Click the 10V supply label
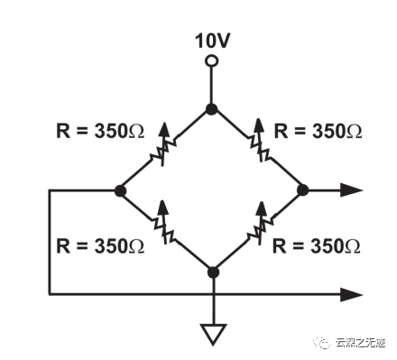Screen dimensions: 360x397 [x=211, y=41]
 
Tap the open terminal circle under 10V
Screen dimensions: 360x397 [x=211, y=61]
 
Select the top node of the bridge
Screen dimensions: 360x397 [x=211, y=109]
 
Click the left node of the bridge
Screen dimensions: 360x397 [x=119, y=190]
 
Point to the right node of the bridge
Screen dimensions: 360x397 [x=303, y=190]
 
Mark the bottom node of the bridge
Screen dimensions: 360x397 [x=213, y=272]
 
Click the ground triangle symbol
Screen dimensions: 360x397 [x=213, y=334]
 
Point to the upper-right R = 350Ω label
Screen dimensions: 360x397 [x=318, y=130]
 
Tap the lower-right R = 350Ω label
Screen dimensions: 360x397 [x=318, y=246]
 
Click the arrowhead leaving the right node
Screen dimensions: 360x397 [x=353, y=190]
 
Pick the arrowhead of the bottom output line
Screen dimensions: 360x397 [x=353, y=293]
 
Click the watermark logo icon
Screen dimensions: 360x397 [x=319, y=341]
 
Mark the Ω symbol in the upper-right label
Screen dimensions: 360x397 [x=354, y=131]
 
